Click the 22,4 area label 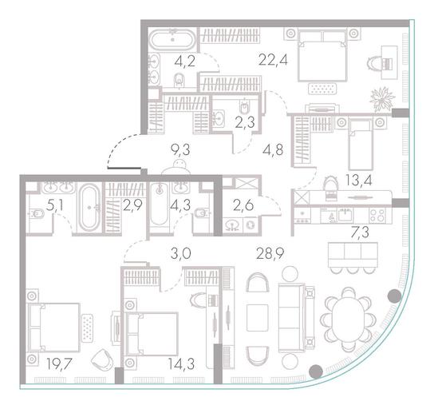click(273, 60)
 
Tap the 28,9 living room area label click(270, 253)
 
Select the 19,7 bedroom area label click(59, 363)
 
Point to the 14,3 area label click(181, 363)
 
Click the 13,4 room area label click(358, 181)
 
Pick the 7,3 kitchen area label click(360, 232)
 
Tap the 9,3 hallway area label click(180, 150)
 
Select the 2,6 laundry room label click(243, 205)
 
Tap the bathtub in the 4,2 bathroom click(172, 40)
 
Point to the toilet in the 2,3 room click(244, 106)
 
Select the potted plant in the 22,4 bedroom click(383, 99)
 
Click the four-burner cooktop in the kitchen click(377, 216)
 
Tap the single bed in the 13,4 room click(361, 144)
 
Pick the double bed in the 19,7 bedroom click(53, 328)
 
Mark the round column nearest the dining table click(394, 296)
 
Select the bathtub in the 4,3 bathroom click(159, 204)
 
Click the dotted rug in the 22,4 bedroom click(322, 89)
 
